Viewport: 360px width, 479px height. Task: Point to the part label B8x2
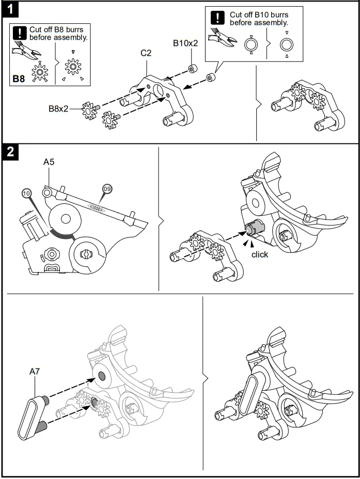59,109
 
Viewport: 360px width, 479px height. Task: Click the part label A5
49,162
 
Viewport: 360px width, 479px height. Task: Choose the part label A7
35,371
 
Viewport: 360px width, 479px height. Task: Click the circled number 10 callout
27,193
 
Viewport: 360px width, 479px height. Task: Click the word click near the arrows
260,254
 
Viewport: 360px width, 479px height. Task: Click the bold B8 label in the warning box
18,79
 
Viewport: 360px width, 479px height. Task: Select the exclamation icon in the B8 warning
19,34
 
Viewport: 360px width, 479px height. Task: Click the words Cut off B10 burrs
259,15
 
